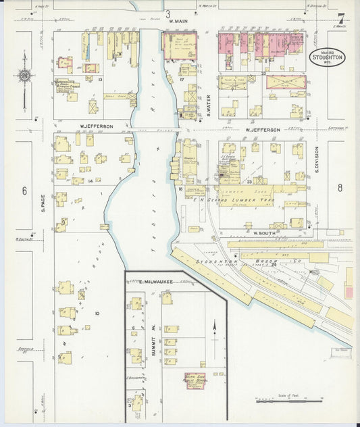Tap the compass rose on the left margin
[25, 76]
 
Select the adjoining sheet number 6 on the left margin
[24, 191]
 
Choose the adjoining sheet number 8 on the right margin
[340, 187]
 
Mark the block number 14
[90, 181]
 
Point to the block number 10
[97, 313]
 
